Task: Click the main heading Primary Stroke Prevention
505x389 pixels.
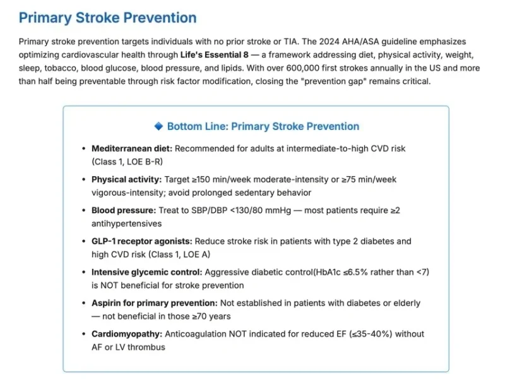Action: click(x=107, y=18)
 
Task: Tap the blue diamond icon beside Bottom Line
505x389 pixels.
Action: click(x=158, y=126)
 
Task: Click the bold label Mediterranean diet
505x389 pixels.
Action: click(x=131, y=148)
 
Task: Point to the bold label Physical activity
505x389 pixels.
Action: click(x=126, y=179)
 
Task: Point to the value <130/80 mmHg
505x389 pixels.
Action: click(x=264, y=210)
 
